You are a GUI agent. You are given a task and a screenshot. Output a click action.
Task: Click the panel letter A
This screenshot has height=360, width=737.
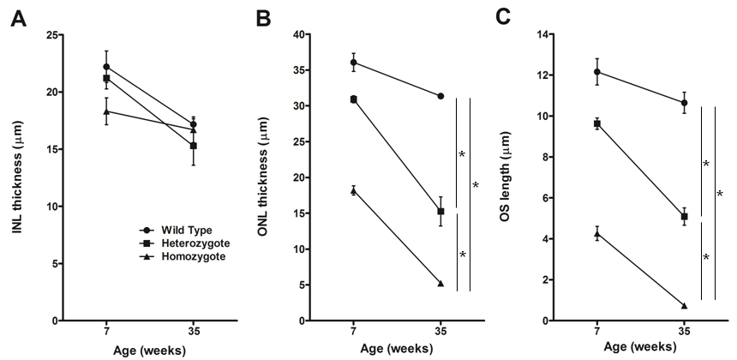coord(16,16)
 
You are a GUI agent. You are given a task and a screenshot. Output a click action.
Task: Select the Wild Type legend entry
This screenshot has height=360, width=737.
coord(178,231)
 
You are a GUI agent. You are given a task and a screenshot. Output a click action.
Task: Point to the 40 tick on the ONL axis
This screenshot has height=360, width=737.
coord(298,35)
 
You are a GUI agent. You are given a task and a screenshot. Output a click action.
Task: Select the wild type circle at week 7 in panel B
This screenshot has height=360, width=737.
coord(353,63)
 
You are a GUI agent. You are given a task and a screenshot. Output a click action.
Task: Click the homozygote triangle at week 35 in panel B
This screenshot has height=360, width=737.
coord(441,284)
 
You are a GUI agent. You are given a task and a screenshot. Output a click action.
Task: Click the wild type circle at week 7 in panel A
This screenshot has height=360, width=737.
coord(106,67)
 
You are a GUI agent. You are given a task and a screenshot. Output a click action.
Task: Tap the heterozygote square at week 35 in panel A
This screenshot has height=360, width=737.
coord(194,146)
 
